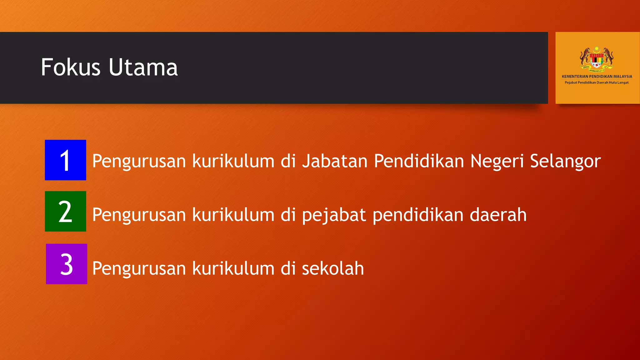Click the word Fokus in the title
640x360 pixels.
pos(71,67)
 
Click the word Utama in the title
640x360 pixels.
pos(143,67)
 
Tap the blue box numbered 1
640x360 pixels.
pos(65,160)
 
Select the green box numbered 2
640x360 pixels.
pos(65,211)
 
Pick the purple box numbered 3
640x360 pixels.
pos(66,264)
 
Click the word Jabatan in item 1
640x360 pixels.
pos(335,161)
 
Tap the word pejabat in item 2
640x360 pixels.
pos(334,215)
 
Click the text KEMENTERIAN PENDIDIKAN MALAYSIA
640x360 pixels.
pos(597,76)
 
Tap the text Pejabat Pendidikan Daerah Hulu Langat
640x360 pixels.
pos(597,82)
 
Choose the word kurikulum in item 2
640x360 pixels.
pos(233,215)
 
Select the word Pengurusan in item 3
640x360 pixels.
pos(139,269)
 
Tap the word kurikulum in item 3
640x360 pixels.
pos(233,268)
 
